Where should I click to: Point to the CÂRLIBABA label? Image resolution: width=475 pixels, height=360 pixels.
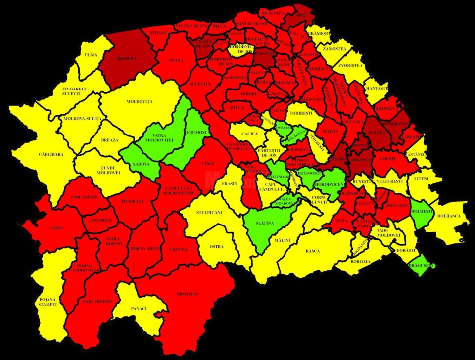click(51, 154)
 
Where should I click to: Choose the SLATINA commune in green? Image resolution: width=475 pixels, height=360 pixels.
click(265, 223)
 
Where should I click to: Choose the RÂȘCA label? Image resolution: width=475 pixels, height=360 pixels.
click(312, 251)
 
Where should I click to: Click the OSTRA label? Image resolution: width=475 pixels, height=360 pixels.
click(217, 246)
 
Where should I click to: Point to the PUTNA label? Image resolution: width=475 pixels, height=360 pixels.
click(176, 61)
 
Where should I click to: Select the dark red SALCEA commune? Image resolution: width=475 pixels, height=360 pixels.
click(378, 132)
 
